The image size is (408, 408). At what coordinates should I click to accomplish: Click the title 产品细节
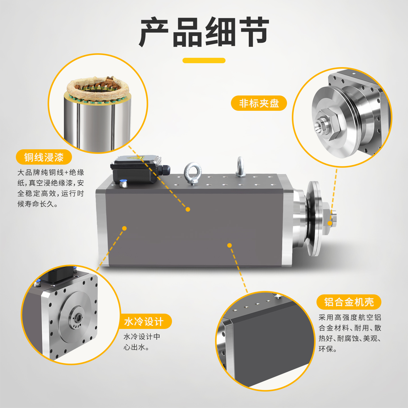[204, 32]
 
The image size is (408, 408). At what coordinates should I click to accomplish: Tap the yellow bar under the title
[204, 60]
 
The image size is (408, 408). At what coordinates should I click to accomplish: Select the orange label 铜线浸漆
[44, 157]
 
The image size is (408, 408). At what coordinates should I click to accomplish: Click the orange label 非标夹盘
[259, 103]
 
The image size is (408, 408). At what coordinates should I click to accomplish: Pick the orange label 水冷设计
[144, 321]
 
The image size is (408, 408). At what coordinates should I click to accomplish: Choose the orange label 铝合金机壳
[349, 302]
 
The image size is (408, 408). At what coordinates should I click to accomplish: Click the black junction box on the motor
[135, 169]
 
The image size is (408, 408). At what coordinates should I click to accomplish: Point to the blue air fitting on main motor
[123, 183]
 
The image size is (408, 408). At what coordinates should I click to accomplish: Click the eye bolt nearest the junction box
[192, 173]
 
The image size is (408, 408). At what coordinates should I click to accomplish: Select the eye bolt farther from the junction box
[240, 167]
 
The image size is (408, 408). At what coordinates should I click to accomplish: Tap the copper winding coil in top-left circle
[98, 89]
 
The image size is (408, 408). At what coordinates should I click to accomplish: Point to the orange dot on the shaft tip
[330, 223]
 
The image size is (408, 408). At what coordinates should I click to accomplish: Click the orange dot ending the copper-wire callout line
[188, 209]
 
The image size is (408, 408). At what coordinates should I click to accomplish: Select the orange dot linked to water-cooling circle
[124, 228]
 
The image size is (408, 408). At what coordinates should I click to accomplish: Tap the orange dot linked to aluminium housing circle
[229, 245]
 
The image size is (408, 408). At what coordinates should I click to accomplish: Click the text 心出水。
[136, 347]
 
